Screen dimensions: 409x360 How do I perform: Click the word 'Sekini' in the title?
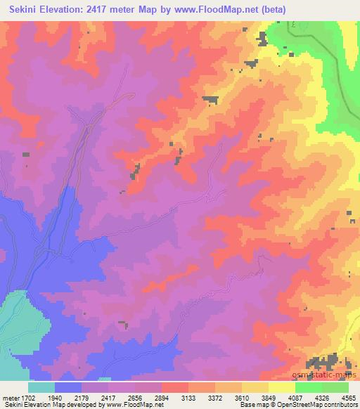pos(21,9)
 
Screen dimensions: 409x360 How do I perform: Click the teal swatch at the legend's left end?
pos(41,388)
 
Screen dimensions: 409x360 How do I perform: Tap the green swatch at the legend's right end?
pos(335,388)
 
